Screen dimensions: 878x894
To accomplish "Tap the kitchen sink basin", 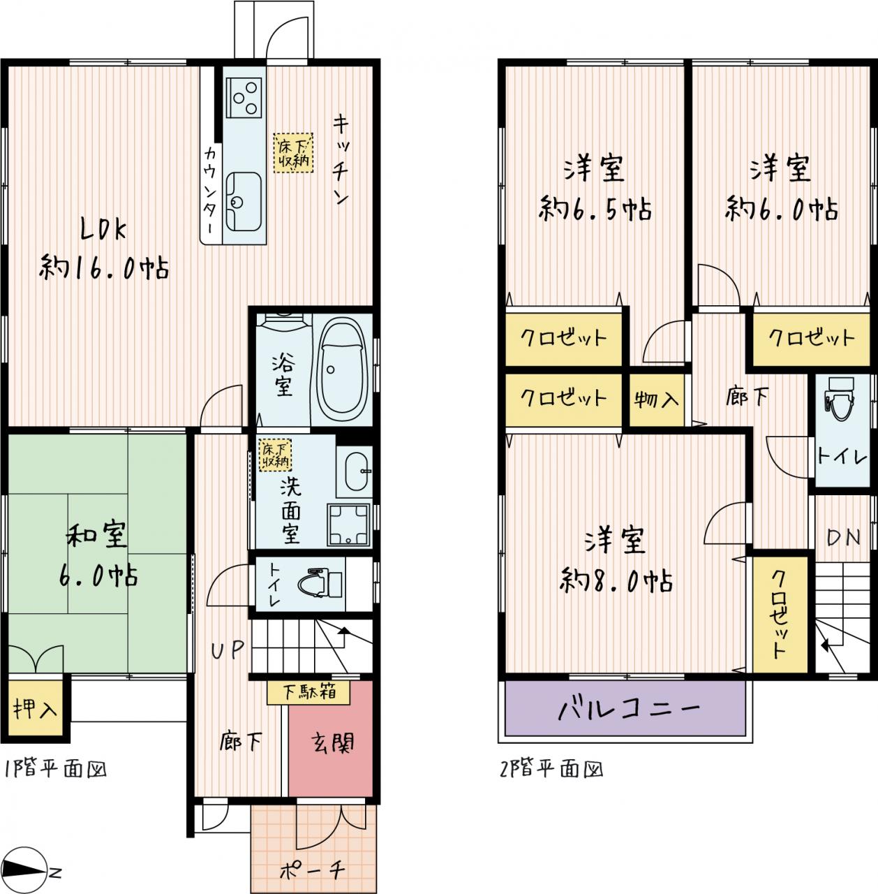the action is click(244, 203).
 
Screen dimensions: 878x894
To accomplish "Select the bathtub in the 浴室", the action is click(341, 369).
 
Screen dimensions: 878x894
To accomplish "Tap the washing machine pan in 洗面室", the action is click(348, 524).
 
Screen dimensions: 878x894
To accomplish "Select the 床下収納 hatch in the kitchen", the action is click(293, 153).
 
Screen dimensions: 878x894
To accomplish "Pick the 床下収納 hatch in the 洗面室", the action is click(275, 455).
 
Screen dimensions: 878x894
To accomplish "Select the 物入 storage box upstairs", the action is click(656, 400).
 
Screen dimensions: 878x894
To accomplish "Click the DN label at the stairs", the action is click(844, 537).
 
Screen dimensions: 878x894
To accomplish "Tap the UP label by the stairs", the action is click(228, 650).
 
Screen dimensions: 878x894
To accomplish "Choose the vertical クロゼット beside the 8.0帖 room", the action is click(780, 614).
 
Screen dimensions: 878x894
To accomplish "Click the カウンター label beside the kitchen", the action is click(211, 190).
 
